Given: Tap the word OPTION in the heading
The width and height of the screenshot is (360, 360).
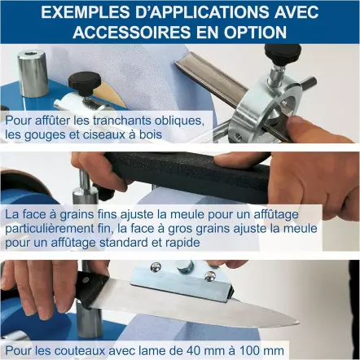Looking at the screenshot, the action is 255,32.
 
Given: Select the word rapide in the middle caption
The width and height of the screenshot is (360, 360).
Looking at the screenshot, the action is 182,243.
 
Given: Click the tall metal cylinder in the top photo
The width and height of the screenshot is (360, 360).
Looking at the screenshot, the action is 33,73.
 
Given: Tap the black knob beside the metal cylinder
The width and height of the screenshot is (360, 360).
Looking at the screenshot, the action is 85,81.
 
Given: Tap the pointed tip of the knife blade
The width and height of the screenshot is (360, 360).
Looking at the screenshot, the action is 299,323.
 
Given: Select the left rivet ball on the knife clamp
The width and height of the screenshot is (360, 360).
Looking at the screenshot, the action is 156,266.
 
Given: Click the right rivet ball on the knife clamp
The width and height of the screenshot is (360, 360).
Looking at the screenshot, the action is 210,276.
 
